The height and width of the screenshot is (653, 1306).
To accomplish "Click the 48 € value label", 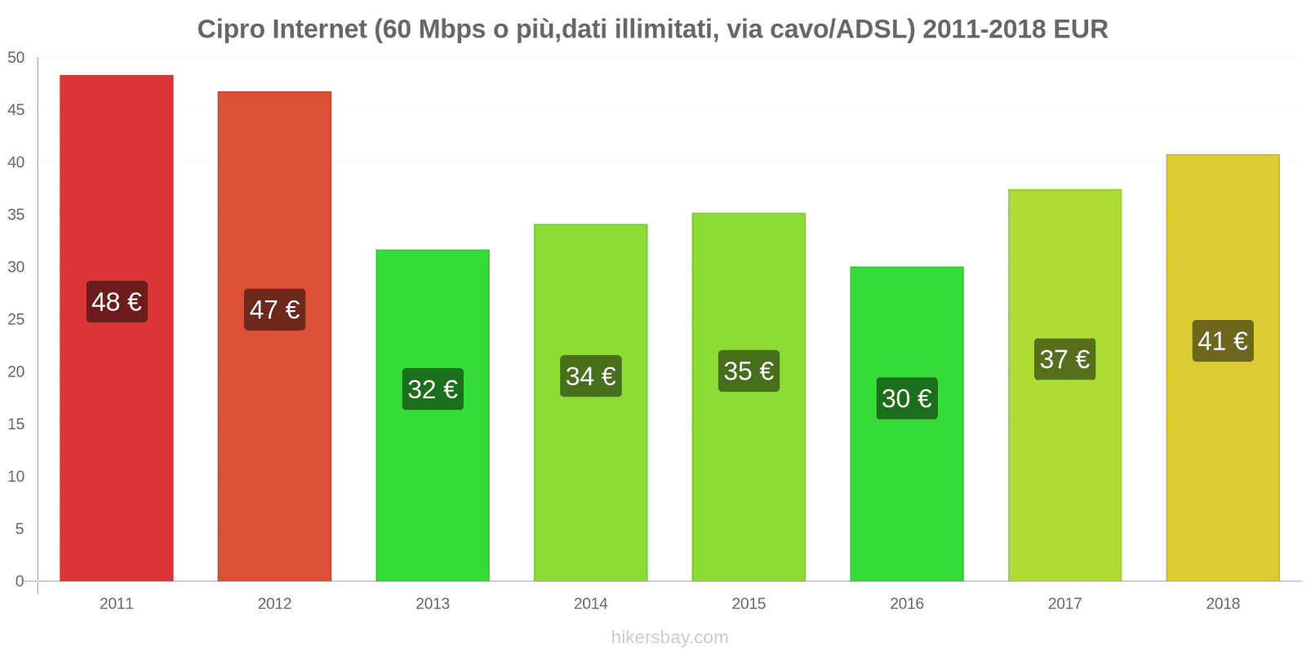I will pyautogui.click(x=117, y=302).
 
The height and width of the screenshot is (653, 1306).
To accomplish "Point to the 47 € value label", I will pyautogui.click(x=274, y=310).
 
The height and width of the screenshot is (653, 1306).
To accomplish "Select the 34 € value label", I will pyautogui.click(x=590, y=376).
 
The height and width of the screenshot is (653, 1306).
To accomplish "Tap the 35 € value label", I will pyautogui.click(x=749, y=371).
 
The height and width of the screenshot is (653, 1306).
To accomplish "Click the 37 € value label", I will pyautogui.click(x=1064, y=359).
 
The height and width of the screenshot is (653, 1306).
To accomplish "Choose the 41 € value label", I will pyautogui.click(x=1222, y=341).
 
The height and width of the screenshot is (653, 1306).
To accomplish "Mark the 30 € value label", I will pyautogui.click(x=906, y=398).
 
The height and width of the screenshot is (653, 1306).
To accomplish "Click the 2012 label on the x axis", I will pyautogui.click(x=274, y=604).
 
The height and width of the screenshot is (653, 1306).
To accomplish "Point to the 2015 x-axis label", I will pyautogui.click(x=749, y=604).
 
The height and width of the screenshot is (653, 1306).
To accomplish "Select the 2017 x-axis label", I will pyautogui.click(x=1064, y=604).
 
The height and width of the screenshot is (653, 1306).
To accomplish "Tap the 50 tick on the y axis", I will pyautogui.click(x=16, y=58).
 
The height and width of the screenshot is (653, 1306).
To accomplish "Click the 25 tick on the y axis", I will pyautogui.click(x=16, y=320).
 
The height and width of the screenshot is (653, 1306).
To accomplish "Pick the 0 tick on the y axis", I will pyautogui.click(x=20, y=581).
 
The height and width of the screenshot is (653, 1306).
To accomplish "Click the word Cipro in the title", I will pyautogui.click(x=231, y=29).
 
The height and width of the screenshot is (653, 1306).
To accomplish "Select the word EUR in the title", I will pyautogui.click(x=1080, y=29).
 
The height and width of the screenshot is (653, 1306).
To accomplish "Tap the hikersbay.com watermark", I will pyautogui.click(x=669, y=637).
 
